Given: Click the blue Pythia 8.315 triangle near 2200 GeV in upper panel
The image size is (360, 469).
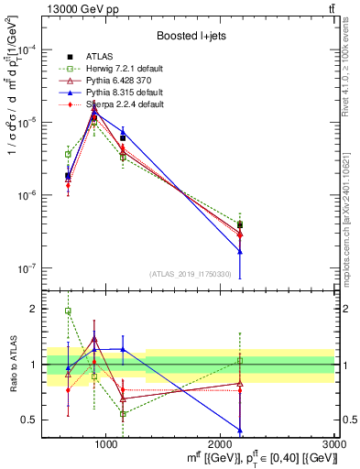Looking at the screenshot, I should coord(240,251).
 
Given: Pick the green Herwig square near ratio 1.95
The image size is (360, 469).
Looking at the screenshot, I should coord(68,311).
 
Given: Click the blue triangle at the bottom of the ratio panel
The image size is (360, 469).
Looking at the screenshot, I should coord(240,430).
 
